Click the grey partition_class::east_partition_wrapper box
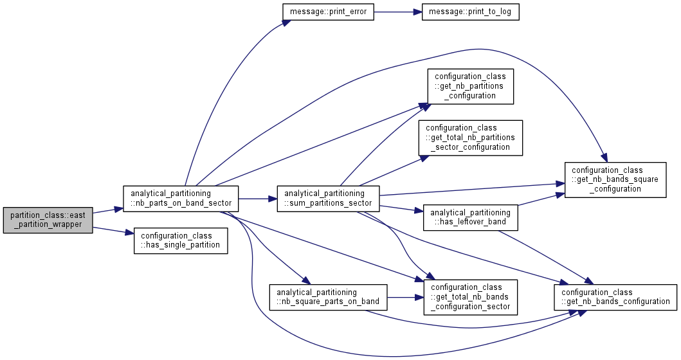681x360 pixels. pos(48,220)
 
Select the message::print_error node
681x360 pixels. pos(328,12)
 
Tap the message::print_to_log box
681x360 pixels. pos(470,12)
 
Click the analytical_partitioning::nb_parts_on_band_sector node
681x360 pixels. pos(181,199)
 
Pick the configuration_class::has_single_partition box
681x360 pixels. pos(181,241)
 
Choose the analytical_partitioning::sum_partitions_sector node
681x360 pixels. pos(328,199)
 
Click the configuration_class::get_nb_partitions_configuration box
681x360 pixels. pos(470,86)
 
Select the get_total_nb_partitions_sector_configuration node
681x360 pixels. pos(470,138)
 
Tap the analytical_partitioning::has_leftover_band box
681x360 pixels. pos(470,217)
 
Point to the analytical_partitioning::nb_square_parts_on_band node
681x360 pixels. pos(328,298)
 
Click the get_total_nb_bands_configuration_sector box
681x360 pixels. pos(470,298)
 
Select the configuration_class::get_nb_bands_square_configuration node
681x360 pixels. pos(615,180)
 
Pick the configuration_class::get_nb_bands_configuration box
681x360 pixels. pos(615,298)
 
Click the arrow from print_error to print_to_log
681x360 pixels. pos(398,12)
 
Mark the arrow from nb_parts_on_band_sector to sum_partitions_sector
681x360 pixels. pos(258,199)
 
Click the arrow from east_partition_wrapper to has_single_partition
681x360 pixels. pos(113,231)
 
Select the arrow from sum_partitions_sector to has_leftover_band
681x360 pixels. pos(401,208)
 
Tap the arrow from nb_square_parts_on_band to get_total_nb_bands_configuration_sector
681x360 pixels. pos(405,298)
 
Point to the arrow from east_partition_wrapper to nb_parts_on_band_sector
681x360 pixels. pos(107,211)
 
